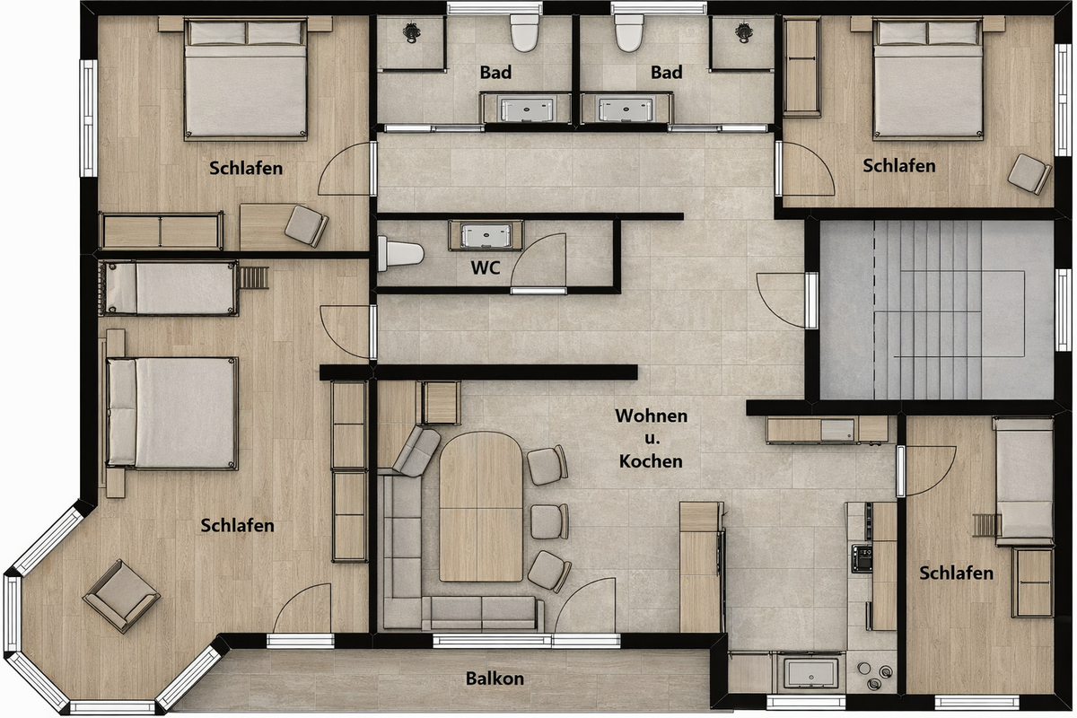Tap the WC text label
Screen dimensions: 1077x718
tap(486, 267)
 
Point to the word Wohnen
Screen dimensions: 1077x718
tap(651, 416)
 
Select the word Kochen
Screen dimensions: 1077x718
tap(651, 461)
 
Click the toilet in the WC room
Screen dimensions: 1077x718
tap(400, 253)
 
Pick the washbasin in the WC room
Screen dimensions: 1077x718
tap(486, 236)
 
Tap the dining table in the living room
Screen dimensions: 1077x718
tap(481, 506)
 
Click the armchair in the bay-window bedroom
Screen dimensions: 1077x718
tap(121, 596)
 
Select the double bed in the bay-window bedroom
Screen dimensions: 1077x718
tap(172, 414)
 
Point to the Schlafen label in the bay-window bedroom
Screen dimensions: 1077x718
tap(237, 526)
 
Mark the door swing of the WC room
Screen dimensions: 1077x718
tap(538, 260)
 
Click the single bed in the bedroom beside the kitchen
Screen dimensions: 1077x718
tap(1024, 482)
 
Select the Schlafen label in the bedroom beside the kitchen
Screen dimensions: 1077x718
tap(957, 573)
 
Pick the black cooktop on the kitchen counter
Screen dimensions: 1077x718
tap(862, 558)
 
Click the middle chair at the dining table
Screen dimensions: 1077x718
tap(549, 521)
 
